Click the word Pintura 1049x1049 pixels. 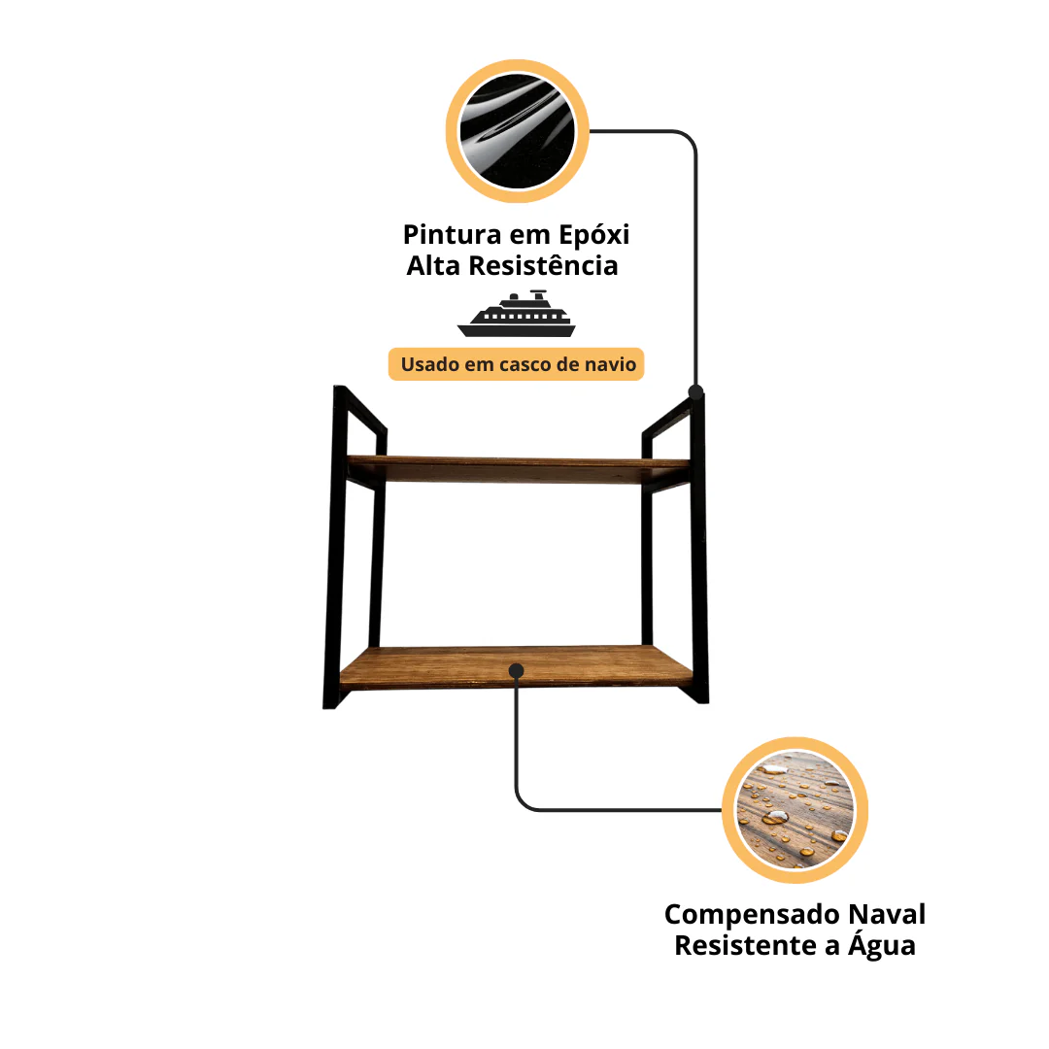coord(452,235)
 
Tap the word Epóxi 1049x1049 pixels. coord(594,235)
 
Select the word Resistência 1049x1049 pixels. coord(543,265)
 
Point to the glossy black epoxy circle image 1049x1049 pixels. coord(517,131)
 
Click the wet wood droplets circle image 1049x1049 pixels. coord(795,810)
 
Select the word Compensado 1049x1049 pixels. coord(752,915)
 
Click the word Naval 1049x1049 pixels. coord(887,914)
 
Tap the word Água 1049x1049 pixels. coord(882,945)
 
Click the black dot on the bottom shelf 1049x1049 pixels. coord(516,671)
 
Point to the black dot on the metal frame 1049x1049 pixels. coord(695,392)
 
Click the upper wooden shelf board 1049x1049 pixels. coord(518,468)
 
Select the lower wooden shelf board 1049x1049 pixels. coord(516,666)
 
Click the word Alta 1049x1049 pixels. coord(433,265)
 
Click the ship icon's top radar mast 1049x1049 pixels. coord(538,293)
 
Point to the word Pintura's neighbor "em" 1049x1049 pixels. coord(529,236)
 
